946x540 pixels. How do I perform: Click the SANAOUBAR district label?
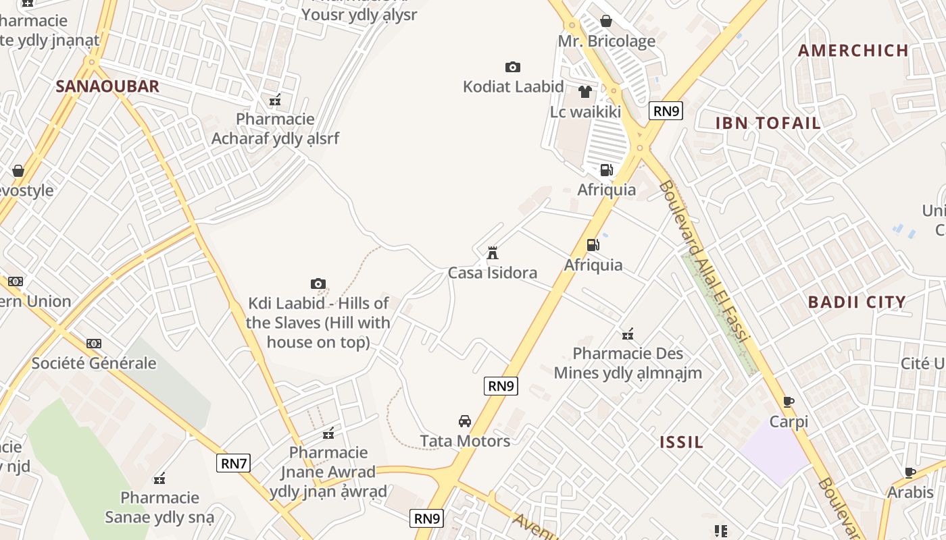(107, 86)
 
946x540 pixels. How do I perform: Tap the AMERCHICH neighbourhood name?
(853, 50)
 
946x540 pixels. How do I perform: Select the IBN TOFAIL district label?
(768, 123)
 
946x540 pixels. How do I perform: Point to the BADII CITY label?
(857, 302)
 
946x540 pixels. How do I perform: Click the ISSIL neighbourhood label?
(682, 442)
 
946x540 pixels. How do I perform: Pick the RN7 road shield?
(234, 463)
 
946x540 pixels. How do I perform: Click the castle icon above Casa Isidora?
(493, 254)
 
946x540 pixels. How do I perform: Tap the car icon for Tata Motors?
(465, 421)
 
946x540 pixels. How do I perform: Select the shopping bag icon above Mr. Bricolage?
(606, 22)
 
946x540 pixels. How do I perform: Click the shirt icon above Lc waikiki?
(585, 92)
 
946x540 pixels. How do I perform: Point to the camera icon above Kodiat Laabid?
(513, 67)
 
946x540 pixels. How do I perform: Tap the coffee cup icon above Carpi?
(788, 402)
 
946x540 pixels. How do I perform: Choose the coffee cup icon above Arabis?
(910, 473)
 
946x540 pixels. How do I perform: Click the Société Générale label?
(94, 363)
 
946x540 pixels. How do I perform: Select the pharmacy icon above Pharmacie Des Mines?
(628, 333)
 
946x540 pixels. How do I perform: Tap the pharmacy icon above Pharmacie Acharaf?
(275, 100)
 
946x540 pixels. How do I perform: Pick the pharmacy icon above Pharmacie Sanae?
(159, 479)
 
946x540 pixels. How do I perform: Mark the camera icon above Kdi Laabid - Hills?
(318, 283)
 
